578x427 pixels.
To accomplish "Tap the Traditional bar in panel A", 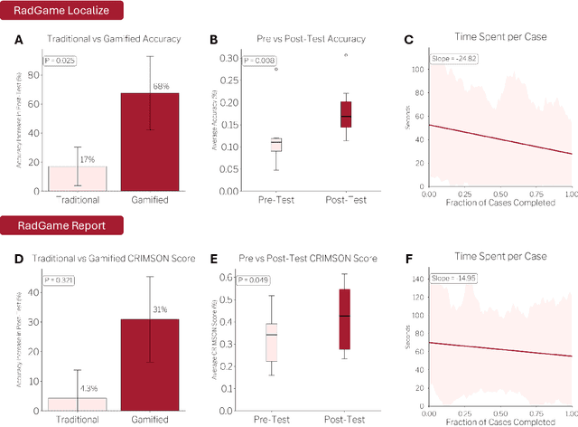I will coord(78,178).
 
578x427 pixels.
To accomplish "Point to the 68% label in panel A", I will coord(160,87).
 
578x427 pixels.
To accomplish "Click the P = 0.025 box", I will coord(61,61).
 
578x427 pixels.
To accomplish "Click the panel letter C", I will coord(409,41).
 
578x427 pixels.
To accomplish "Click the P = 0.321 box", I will coord(61,280).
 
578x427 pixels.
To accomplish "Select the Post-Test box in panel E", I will coord(345,318).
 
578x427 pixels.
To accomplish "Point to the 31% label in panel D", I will coord(160,310).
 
